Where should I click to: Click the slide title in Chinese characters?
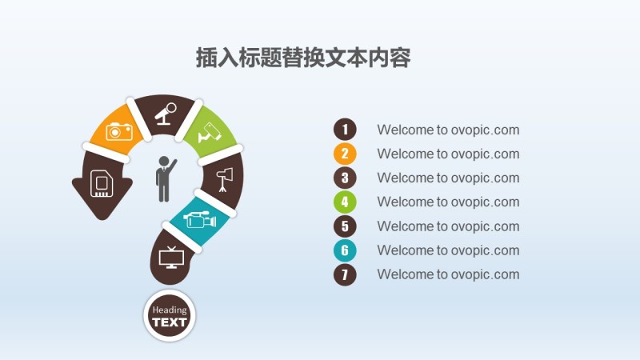point(303,58)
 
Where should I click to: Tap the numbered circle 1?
point(345,130)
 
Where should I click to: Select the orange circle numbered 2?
point(345,154)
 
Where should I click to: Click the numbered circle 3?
point(345,178)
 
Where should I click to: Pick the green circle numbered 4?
point(345,202)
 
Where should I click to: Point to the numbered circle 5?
point(345,226)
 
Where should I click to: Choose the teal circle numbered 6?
point(345,250)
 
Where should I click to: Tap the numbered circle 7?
point(345,274)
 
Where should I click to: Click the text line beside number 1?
point(448,130)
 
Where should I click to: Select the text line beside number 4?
point(448,202)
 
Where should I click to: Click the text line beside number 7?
point(448,274)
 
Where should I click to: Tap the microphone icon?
point(166,114)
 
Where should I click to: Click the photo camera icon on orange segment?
point(118,131)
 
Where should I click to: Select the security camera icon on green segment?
point(210,132)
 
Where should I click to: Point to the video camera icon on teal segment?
point(200,218)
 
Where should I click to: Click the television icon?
point(171,258)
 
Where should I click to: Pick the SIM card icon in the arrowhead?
point(102,183)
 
